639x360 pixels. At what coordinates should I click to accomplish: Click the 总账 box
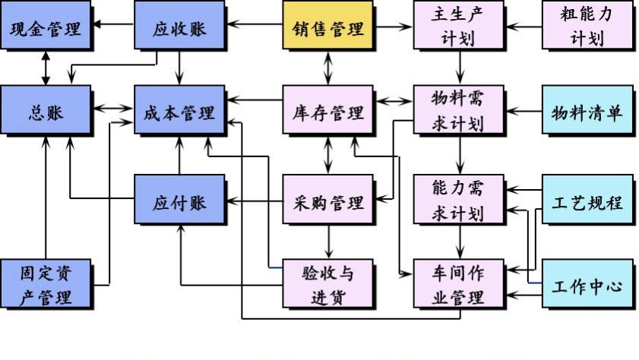[45, 112]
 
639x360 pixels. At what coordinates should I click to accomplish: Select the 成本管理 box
[179, 112]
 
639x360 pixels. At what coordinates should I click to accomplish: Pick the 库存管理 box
[327, 112]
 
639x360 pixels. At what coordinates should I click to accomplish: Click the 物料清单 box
[587, 112]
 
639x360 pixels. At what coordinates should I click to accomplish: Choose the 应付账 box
[179, 202]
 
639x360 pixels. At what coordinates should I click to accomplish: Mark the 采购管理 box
[327, 202]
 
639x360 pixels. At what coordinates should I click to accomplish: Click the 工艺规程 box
[587, 202]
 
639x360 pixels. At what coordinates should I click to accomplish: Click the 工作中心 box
[587, 286]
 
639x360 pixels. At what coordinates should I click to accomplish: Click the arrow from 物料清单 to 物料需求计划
[524, 112]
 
